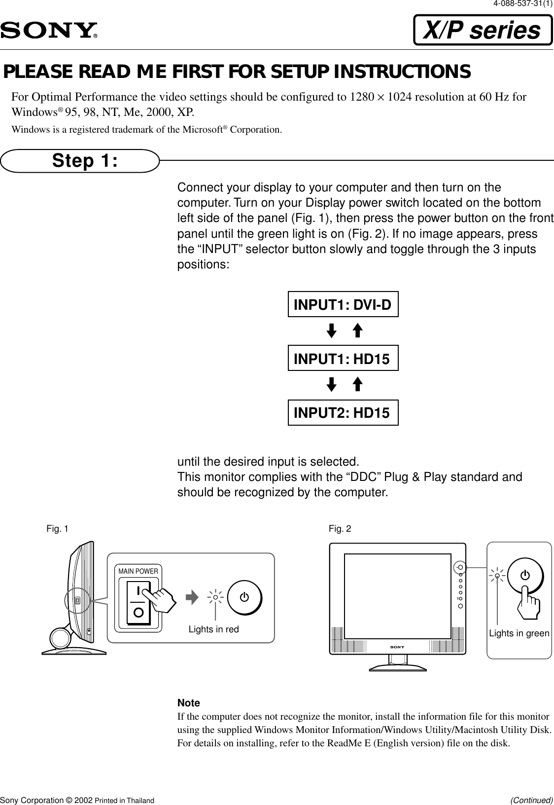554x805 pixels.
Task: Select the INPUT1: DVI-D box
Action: (x=343, y=304)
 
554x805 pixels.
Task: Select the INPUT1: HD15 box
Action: (x=343, y=359)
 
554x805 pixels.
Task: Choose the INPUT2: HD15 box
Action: (x=343, y=413)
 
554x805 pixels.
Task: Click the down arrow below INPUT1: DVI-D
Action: (x=332, y=330)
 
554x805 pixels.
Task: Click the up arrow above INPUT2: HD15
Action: (x=358, y=385)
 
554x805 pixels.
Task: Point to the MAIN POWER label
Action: (x=138, y=571)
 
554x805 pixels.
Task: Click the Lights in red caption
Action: (x=213, y=629)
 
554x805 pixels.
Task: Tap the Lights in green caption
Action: (x=519, y=634)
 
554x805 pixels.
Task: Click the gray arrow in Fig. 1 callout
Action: (x=192, y=597)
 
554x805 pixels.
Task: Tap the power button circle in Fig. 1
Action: (x=244, y=597)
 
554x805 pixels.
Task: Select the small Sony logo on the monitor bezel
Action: (x=397, y=647)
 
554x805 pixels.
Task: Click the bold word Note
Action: (x=189, y=703)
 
